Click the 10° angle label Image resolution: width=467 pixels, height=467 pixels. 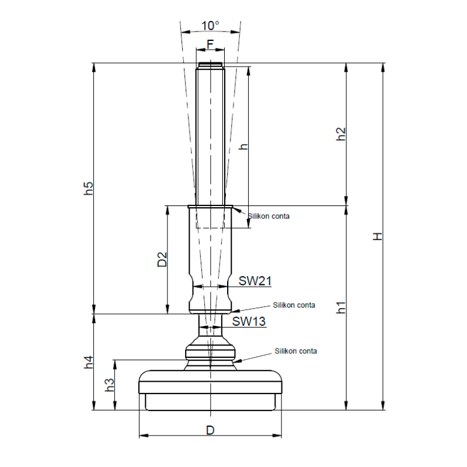pos(210,26)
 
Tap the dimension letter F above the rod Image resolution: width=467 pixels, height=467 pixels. pos(210,44)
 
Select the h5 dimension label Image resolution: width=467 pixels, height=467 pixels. pos(89,188)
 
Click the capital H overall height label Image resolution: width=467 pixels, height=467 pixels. pos(378,236)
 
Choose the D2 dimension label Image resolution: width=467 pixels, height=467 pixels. pos(162,259)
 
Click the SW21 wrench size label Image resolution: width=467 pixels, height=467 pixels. pos(255,281)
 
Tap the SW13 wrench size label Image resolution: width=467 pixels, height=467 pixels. pos(249,322)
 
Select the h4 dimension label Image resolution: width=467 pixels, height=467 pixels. pos(89,362)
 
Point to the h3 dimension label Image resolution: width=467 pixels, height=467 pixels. pos(110,385)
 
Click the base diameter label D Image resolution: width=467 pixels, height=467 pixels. pos(210,430)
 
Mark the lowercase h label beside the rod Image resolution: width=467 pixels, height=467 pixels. pos(243,147)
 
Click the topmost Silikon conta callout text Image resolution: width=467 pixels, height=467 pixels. pos(269,216)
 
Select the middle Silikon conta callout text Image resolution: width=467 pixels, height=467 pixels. pos(294,305)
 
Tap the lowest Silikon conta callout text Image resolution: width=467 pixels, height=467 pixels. pos(296,351)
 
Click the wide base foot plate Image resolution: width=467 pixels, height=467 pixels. pos(210,391)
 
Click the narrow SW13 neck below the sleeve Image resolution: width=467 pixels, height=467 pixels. pos(210,325)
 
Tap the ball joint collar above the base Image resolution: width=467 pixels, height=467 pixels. pos(210,353)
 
